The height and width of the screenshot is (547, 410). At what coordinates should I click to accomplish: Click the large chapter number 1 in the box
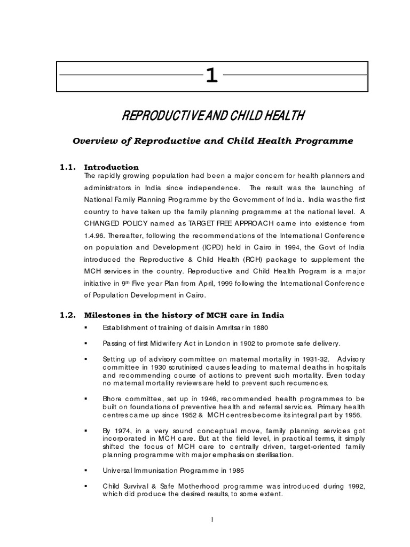212,76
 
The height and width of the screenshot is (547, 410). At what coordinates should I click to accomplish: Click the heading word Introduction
112,167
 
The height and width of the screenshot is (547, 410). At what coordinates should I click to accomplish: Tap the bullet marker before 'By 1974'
85,430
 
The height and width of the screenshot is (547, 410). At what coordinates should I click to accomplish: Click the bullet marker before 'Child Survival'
85,486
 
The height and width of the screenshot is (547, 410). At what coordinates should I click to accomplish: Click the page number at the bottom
211,520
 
